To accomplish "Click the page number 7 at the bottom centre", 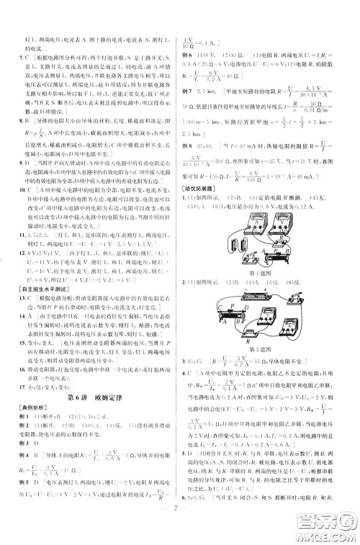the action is pyautogui.click(x=180, y=524).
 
